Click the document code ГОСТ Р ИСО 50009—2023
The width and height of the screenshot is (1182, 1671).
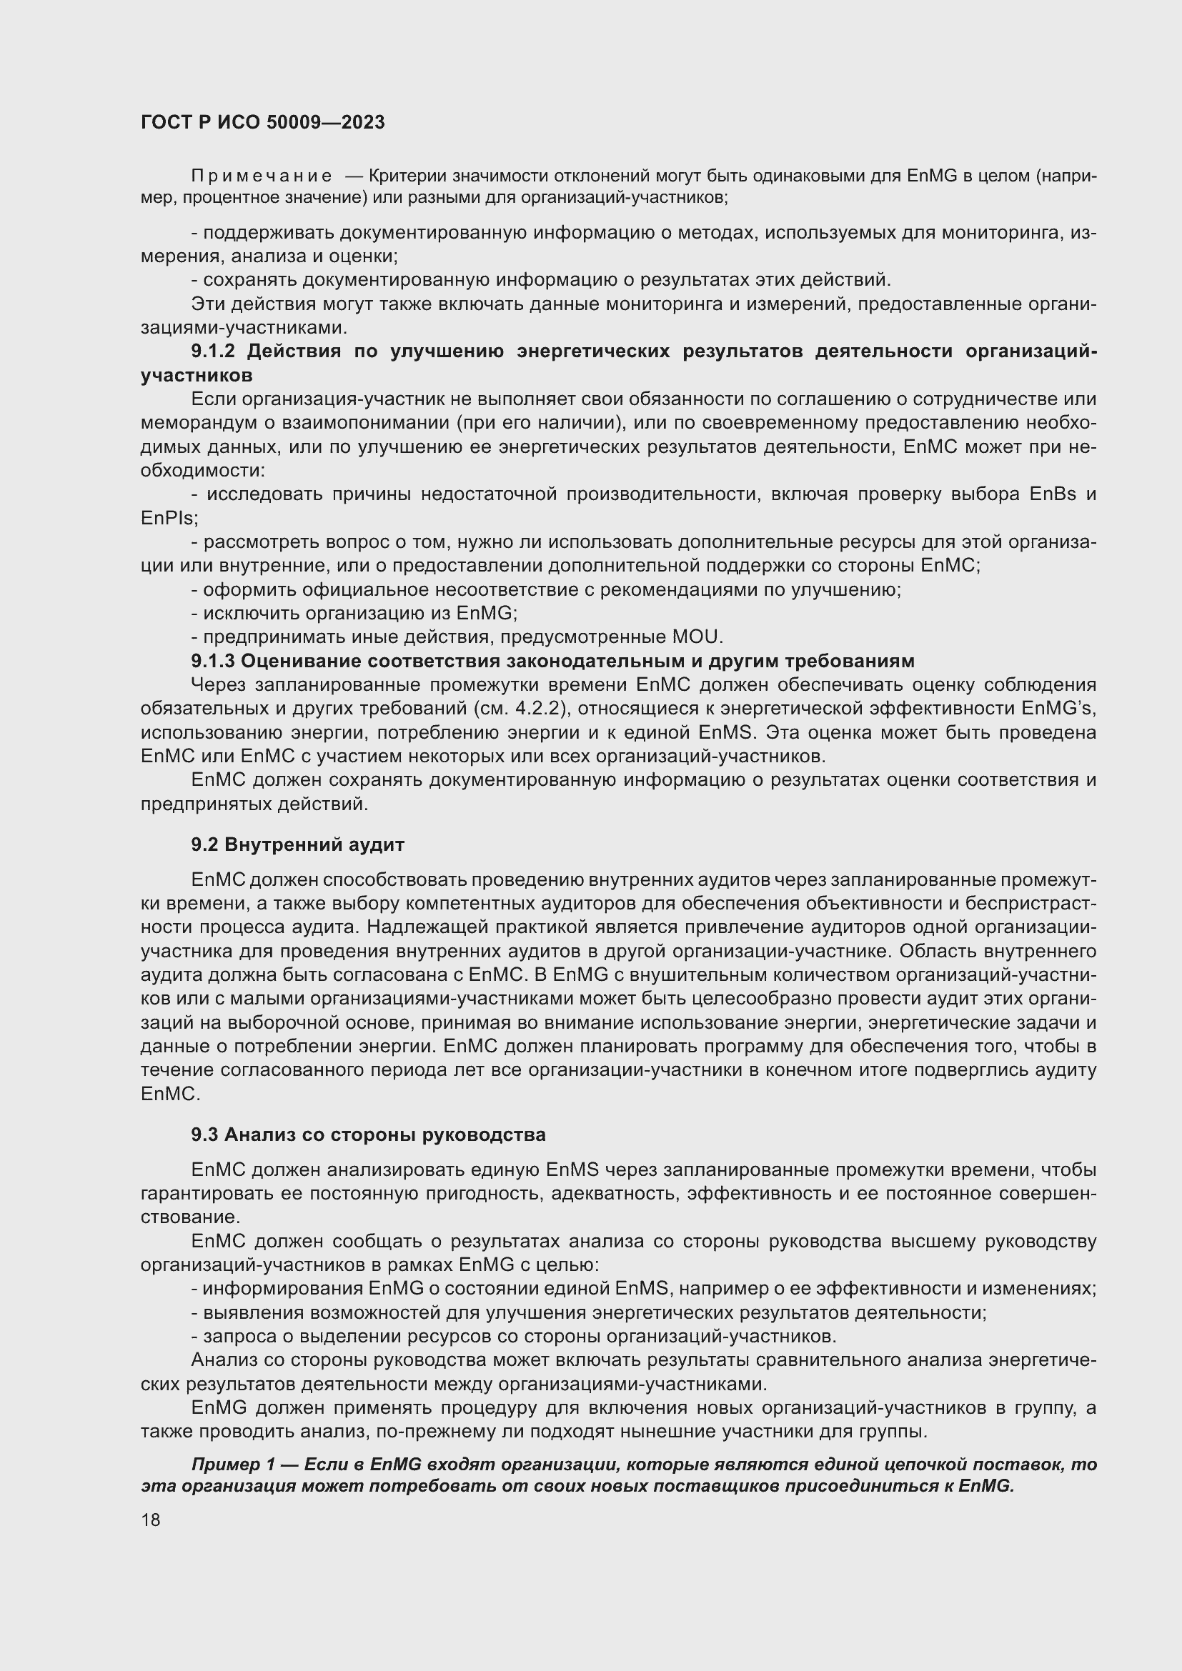tap(263, 122)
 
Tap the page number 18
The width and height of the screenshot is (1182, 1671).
tap(151, 1520)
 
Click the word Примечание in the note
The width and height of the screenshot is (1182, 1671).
tap(262, 176)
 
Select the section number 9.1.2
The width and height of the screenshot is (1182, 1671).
tap(214, 351)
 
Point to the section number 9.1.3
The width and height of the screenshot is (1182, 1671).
tap(214, 661)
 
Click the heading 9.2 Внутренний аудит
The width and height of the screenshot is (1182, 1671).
tap(298, 844)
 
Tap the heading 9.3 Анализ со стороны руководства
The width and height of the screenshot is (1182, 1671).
tap(368, 1134)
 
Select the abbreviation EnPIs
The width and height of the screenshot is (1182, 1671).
tap(167, 518)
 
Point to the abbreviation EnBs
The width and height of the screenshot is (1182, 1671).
tap(1053, 494)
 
